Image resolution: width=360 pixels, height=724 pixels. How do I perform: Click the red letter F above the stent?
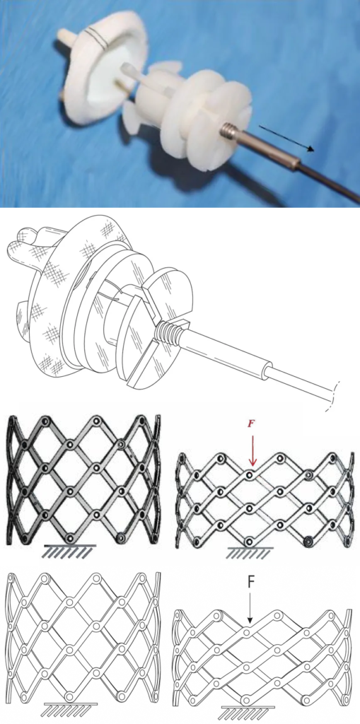251,424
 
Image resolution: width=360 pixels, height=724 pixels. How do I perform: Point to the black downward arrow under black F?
250,606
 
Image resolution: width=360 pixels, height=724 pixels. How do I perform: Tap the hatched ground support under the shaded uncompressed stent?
69,551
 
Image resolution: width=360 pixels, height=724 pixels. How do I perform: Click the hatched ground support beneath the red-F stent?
250,552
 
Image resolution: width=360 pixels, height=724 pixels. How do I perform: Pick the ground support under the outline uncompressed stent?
69,708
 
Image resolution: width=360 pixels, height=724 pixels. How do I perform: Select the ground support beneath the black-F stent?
248,711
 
